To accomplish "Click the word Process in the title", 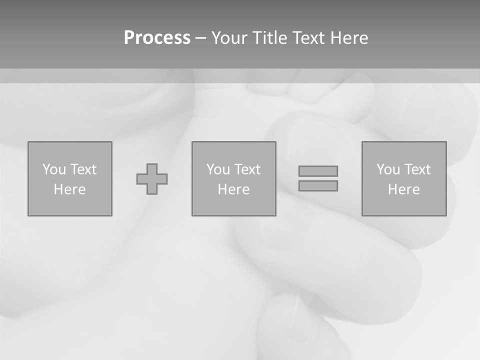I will tap(157, 38).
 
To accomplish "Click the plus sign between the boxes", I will tap(152, 178).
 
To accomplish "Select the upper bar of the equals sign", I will tap(318, 171).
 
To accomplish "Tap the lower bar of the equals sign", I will tap(318, 185).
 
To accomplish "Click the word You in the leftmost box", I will tap(54, 169).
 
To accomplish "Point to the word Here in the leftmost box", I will tap(69, 189).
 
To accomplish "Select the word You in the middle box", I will tap(218, 169).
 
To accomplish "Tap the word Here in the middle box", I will tap(233, 189).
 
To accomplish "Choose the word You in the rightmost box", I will tap(388, 169).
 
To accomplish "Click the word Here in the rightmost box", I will tap(403, 189).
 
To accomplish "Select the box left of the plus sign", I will tap(70, 205).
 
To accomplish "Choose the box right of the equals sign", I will tap(404, 205).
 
